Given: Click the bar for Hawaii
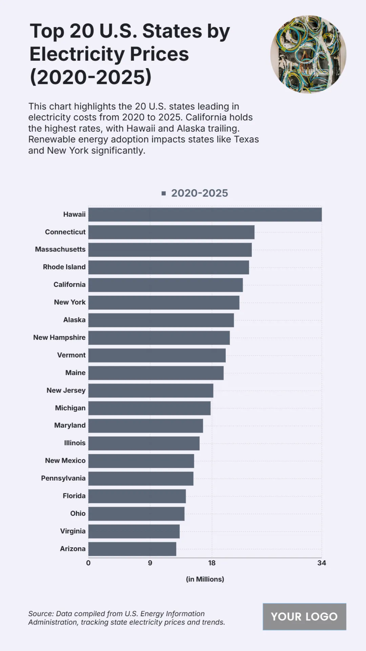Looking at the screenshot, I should [205, 215].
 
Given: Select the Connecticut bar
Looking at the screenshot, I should [171, 232].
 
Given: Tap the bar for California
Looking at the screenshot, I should [166, 285].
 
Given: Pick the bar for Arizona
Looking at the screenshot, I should [132, 549].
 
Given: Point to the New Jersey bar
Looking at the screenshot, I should [151, 391].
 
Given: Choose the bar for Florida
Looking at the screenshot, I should [137, 496].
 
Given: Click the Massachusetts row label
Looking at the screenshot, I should [60, 249].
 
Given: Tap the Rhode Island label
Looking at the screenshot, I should [64, 267].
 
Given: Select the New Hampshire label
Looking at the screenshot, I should [59, 338].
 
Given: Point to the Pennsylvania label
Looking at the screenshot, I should [63, 478].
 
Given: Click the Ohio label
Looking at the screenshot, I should [78, 514].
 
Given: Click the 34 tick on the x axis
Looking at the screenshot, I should [321, 563].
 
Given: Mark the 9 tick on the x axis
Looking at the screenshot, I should [150, 563].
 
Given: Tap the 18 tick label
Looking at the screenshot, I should [212, 563].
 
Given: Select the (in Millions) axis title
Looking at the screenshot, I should [205, 579].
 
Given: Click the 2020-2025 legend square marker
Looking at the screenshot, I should [164, 193].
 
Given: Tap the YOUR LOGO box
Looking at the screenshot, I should [304, 617].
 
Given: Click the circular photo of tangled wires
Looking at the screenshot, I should [308, 54].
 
